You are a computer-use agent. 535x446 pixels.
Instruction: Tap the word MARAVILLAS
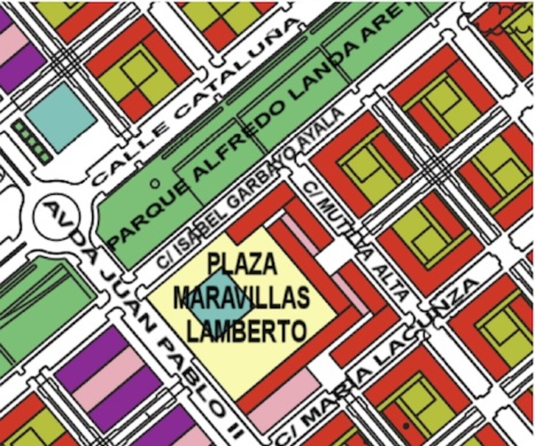tap(240, 297)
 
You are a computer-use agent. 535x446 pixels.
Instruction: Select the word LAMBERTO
tap(246, 331)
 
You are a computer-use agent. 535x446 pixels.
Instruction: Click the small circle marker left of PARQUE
tap(154, 181)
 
